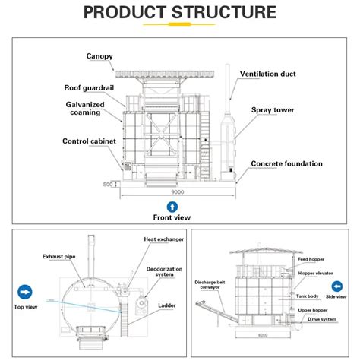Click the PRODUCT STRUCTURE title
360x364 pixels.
(179, 13)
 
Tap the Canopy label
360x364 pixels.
(99, 56)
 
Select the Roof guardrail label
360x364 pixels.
(90, 88)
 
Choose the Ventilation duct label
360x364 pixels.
(267, 74)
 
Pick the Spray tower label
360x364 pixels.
(273, 110)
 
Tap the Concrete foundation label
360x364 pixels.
(286, 163)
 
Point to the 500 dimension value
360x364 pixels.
(109, 183)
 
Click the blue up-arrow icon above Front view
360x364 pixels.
(172, 207)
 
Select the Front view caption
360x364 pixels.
(172, 218)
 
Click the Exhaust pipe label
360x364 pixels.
(58, 258)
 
